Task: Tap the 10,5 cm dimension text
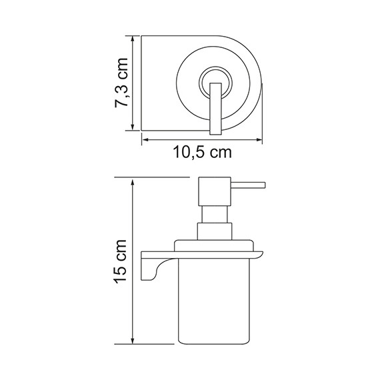[201, 152]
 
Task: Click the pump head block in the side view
[213, 191]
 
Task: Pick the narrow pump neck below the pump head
[213, 214]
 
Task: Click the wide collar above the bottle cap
[213, 231]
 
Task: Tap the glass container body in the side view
[213, 300]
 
